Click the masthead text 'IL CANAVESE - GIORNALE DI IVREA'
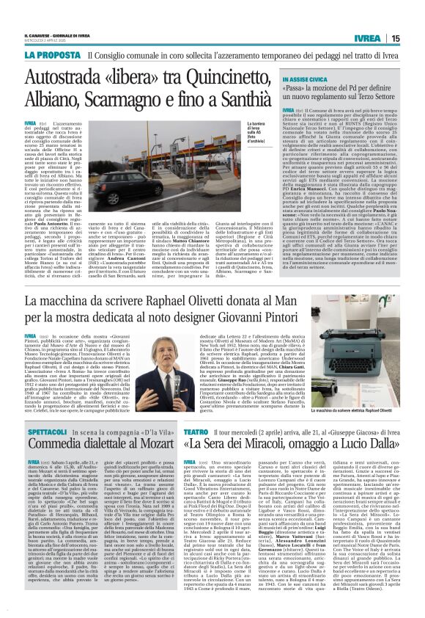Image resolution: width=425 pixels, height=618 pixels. click(69, 34)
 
